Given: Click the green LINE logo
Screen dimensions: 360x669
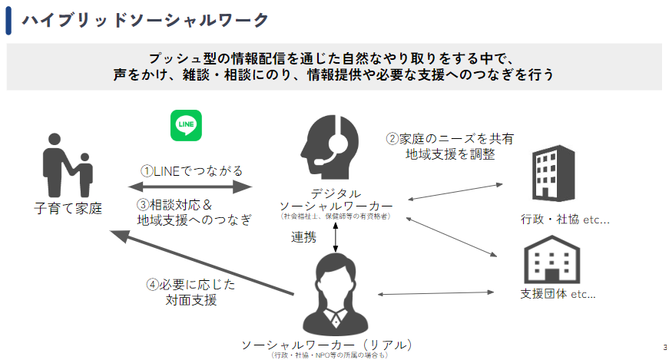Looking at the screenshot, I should (186, 125).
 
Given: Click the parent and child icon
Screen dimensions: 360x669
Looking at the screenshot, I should (66, 170).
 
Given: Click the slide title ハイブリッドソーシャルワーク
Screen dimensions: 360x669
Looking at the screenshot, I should (145, 20).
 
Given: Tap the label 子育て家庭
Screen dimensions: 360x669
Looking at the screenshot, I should (68, 208).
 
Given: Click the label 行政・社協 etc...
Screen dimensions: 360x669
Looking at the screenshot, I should (565, 220).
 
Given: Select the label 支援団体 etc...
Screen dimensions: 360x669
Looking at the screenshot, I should (558, 294).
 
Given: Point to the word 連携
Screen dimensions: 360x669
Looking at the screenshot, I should (303, 237).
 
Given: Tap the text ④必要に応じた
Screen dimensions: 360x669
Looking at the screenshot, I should (190, 285).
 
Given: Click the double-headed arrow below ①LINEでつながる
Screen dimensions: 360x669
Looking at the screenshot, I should (190, 187).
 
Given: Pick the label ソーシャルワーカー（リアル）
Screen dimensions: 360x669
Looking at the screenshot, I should (331, 343).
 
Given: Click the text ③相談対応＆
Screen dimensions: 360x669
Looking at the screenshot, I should (174, 205).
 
